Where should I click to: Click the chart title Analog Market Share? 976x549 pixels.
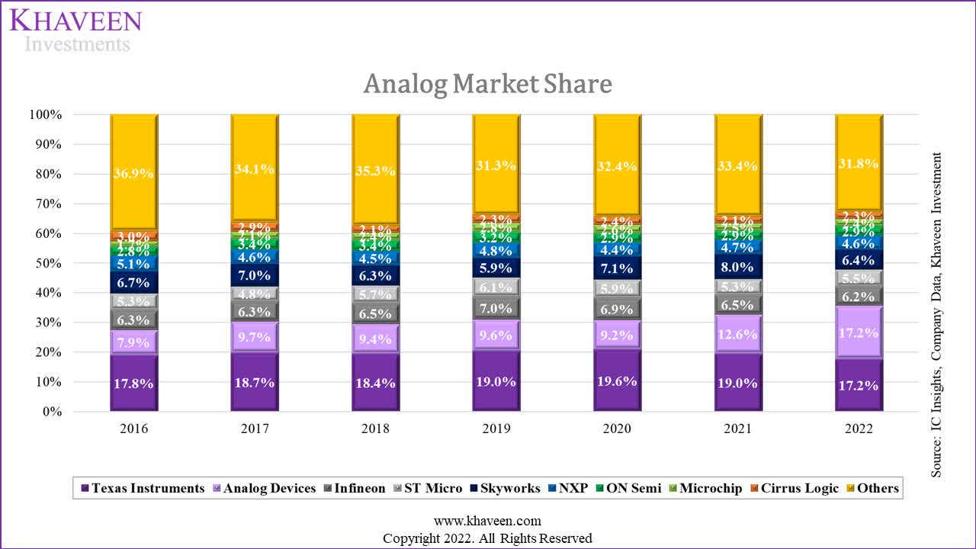(x=487, y=84)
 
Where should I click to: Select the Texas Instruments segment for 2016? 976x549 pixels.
(x=134, y=383)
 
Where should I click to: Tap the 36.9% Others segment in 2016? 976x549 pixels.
(x=134, y=173)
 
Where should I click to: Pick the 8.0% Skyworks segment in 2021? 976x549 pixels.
(x=737, y=266)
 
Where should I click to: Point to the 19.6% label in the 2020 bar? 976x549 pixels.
(x=617, y=381)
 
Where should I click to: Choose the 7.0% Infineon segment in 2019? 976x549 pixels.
(x=496, y=308)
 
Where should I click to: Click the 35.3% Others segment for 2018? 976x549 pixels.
(x=375, y=171)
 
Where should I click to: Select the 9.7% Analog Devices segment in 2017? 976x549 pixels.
(x=255, y=336)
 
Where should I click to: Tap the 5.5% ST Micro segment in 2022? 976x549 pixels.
(x=859, y=279)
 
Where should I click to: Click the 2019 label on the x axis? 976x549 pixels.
(x=496, y=429)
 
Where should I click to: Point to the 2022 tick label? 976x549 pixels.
(x=859, y=429)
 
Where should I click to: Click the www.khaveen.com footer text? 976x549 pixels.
(x=487, y=521)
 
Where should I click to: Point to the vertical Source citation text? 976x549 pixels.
(x=936, y=314)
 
